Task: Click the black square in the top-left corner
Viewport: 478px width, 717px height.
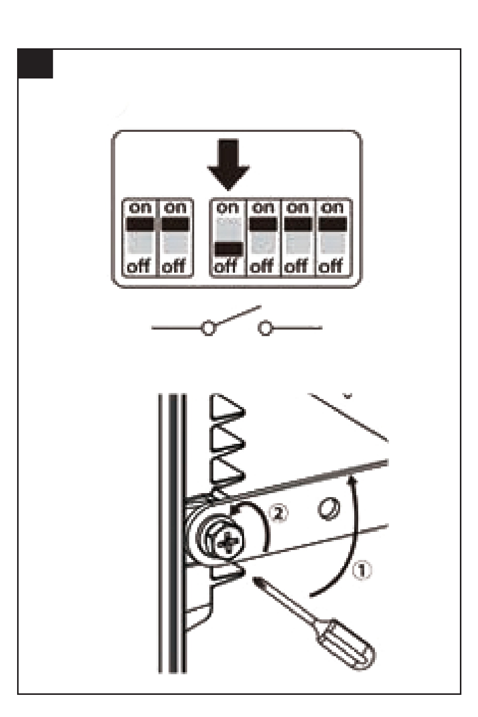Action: coord(35,63)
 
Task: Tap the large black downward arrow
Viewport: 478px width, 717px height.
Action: coord(228,164)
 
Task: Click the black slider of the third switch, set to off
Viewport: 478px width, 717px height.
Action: coord(228,249)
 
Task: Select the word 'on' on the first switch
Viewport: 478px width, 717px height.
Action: coord(140,208)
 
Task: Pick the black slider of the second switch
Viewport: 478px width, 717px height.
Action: coord(175,224)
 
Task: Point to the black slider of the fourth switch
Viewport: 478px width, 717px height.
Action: coord(263,224)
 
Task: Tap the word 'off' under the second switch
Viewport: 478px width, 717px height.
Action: coord(174,266)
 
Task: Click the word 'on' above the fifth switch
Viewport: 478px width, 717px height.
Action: coord(297,208)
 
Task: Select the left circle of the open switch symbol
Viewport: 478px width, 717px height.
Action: coord(208,328)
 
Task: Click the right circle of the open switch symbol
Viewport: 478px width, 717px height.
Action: coord(265,328)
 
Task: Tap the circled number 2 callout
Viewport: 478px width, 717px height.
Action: coord(278,513)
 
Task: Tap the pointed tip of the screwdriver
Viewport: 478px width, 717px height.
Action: coord(255,579)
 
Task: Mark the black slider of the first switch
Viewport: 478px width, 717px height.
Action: coord(140,224)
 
